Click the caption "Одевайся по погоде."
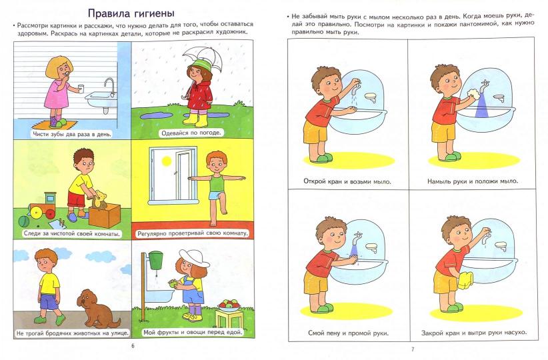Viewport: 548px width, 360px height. pyautogui.click(x=191, y=132)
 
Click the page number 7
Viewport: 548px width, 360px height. pyautogui.click(x=413, y=349)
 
